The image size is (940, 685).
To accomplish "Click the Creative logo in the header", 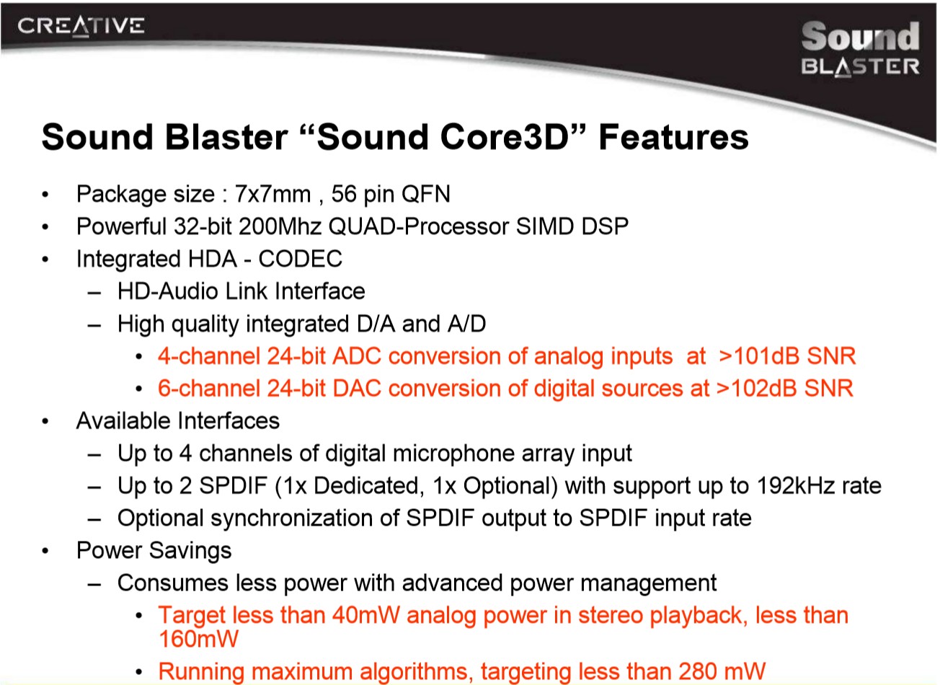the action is [x=81, y=26].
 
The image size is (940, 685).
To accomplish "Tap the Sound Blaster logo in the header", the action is [x=860, y=49].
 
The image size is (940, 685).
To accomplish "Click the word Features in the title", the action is [x=673, y=137].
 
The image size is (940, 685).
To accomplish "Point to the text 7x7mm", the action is [x=272, y=194].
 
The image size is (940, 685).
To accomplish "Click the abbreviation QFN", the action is [x=426, y=194].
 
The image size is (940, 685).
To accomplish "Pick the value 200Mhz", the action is [x=280, y=226].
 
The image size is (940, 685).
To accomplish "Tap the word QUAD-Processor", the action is [x=419, y=226].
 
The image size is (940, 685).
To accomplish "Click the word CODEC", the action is [x=300, y=259].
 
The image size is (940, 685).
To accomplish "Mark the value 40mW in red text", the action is [x=366, y=615].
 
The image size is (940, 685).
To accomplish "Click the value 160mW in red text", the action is [x=198, y=639].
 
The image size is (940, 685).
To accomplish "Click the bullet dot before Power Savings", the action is [x=45, y=551].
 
